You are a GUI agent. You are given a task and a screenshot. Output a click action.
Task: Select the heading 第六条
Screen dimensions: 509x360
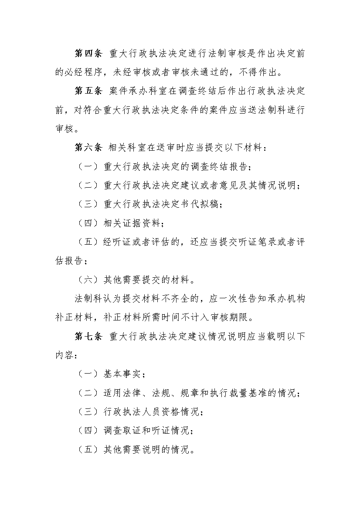coord(88,148)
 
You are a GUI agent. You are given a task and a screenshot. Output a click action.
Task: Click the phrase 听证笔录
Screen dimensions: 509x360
coord(247,243)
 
